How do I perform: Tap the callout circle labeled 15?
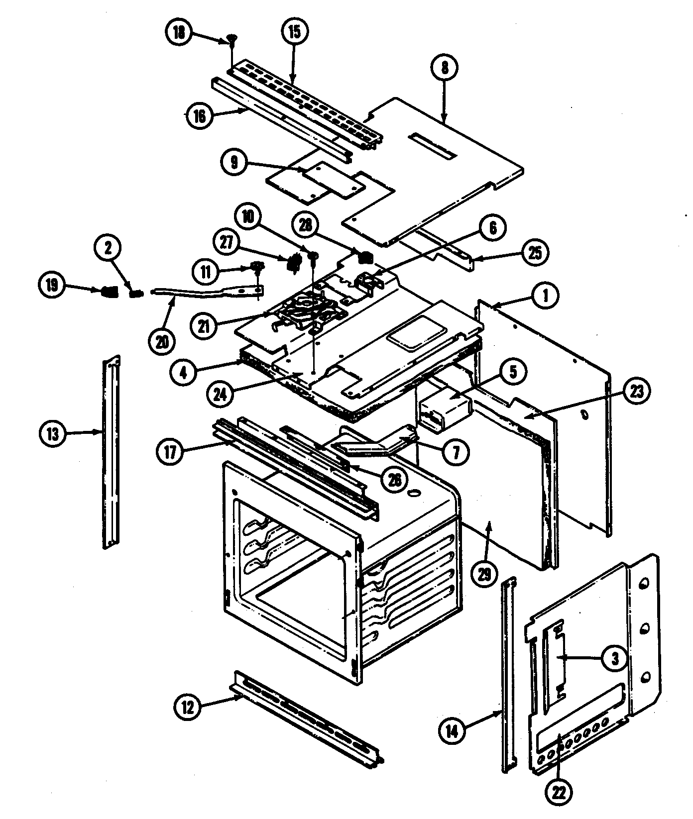[x=294, y=32]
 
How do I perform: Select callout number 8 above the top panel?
[x=445, y=68]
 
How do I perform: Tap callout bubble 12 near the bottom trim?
[x=187, y=707]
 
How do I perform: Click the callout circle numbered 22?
[x=558, y=791]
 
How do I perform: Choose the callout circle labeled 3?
[x=615, y=659]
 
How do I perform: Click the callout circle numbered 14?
[x=453, y=730]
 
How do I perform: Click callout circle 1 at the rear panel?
[x=545, y=297]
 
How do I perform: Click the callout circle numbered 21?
[x=205, y=326]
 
